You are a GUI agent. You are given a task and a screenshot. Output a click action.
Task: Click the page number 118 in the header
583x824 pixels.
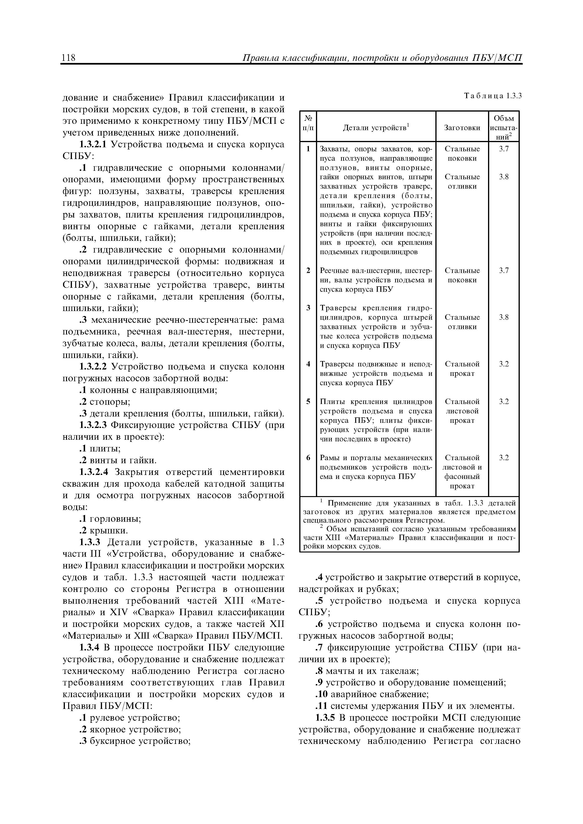point(68,57)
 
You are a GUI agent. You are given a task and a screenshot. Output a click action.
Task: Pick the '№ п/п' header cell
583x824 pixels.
point(308,123)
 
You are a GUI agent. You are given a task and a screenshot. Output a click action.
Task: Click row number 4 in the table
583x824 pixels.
point(308,364)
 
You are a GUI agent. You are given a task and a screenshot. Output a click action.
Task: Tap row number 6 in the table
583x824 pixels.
point(308,458)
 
